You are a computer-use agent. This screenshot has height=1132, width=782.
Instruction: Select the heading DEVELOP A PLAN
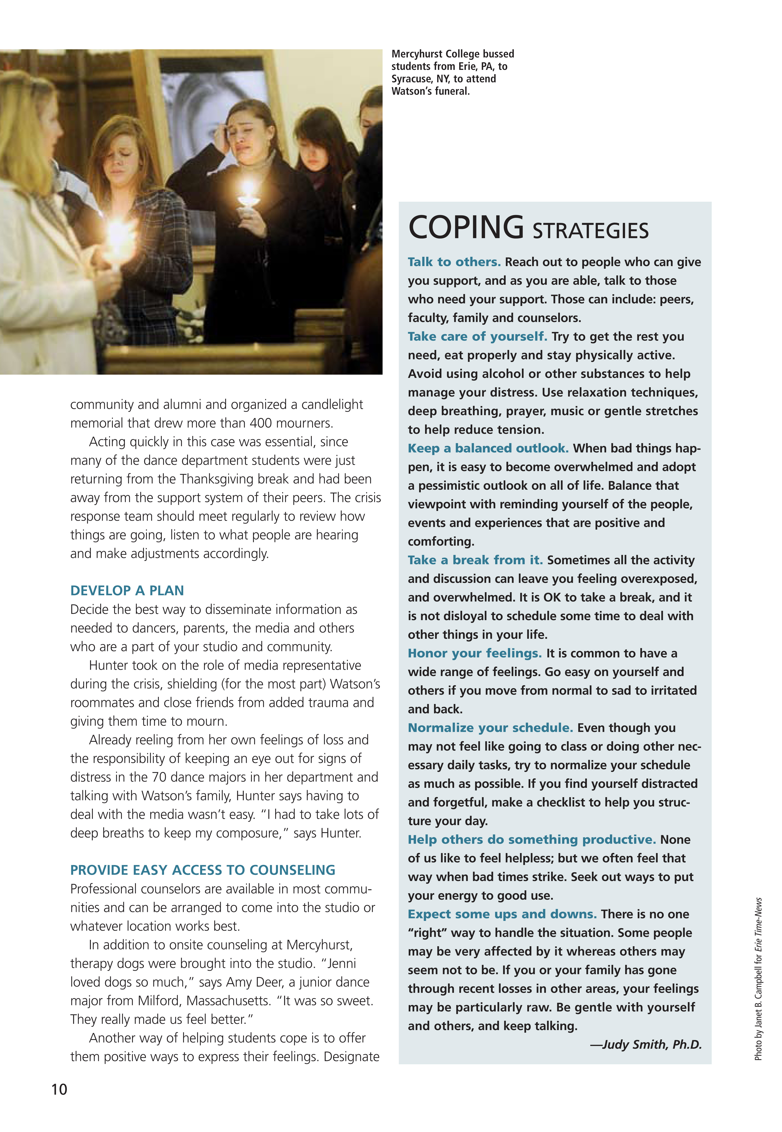click(127, 590)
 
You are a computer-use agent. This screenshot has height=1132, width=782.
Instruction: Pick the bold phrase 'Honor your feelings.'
click(474, 653)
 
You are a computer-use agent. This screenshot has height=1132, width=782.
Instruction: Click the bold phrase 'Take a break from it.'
click(475, 560)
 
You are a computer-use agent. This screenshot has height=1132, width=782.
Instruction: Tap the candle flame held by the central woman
click(248, 189)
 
